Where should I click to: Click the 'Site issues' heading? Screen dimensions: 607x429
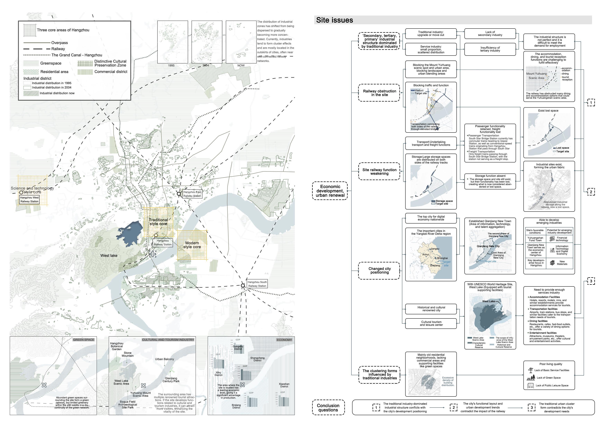pos(334,20)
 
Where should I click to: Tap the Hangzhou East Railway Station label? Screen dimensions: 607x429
pos(192,194)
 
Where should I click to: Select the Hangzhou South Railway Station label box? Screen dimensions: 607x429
pos(257,284)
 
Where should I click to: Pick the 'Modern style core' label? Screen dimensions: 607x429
pos(192,245)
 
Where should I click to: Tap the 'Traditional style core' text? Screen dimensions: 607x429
pos(158,222)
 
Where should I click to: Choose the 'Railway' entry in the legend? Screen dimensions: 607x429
pos(58,49)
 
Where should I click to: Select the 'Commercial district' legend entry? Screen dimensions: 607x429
pos(111,72)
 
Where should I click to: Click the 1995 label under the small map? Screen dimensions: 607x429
pos(171,65)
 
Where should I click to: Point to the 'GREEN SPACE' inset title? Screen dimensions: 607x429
pos(84,340)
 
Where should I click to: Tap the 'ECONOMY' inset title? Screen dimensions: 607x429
pos(284,340)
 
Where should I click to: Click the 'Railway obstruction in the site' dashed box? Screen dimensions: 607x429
pos(379,93)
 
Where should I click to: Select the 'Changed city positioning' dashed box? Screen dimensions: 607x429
pos(379,270)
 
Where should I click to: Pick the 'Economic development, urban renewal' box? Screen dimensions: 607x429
pos(330,191)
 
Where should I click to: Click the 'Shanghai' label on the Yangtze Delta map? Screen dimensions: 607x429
pos(442,258)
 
